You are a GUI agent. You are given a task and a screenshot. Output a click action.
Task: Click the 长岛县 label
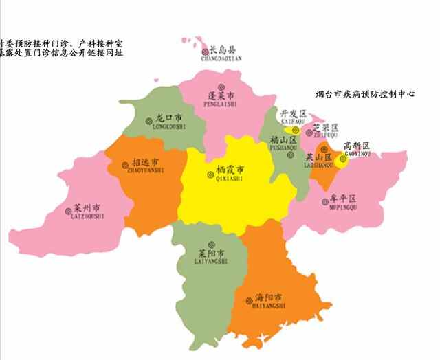tap(223, 50)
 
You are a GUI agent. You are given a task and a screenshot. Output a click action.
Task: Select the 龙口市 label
tap(168, 118)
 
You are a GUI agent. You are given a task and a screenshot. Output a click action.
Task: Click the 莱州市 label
tap(88, 207)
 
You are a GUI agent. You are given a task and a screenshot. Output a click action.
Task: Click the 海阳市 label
tap(269, 298)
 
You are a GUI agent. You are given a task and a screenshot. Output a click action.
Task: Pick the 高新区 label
tap(357, 146)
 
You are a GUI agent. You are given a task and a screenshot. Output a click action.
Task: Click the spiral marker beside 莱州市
tap(67, 210)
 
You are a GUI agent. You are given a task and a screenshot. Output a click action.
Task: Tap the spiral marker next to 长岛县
tap(205, 52)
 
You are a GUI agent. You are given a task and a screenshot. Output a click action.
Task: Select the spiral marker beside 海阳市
tap(249, 300)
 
